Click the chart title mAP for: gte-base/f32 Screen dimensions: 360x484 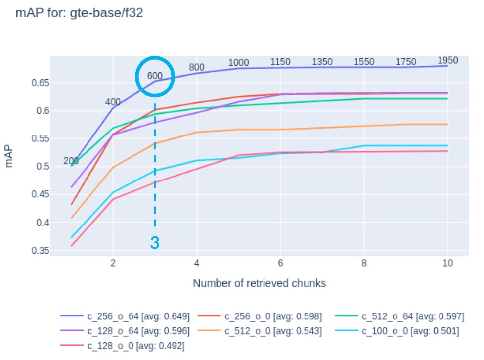[80, 13]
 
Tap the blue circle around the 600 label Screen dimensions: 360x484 [155, 76]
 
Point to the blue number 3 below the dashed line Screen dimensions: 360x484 [155, 243]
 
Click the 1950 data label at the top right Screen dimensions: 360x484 [448, 60]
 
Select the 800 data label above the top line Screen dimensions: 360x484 [196, 67]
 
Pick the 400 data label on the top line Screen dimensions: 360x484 [113, 102]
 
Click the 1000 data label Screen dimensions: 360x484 [238, 63]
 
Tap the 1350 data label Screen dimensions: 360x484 [322, 62]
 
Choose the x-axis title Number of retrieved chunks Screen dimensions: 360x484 [260, 283]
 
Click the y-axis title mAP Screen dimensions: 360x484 [9, 155]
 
